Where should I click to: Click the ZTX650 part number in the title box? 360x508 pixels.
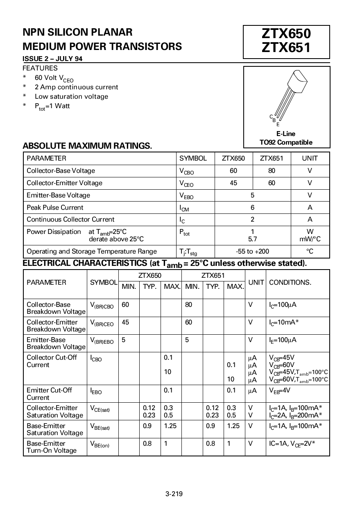(286, 34)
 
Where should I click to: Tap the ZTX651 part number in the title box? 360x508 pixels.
(286, 48)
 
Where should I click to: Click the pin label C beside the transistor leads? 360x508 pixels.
(271, 117)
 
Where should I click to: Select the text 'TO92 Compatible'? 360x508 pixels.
(286, 143)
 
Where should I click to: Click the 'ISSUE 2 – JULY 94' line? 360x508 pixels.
(52, 59)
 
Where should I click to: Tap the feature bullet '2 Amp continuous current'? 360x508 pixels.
(76, 87)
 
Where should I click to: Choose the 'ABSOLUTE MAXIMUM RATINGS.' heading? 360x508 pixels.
(87, 146)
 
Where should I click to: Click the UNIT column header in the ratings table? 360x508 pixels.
(310, 159)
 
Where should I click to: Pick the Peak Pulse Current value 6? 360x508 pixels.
(253, 207)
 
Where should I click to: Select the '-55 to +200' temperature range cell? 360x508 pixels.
(252, 251)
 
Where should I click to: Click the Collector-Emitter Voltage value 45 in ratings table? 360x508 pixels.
(233, 183)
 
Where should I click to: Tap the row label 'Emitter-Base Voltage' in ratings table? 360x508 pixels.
(58, 195)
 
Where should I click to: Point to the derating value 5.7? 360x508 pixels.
(253, 239)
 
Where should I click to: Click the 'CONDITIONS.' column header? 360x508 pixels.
(290, 282)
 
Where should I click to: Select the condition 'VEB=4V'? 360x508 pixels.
(280, 390)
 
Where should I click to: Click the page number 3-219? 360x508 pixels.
(174, 494)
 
